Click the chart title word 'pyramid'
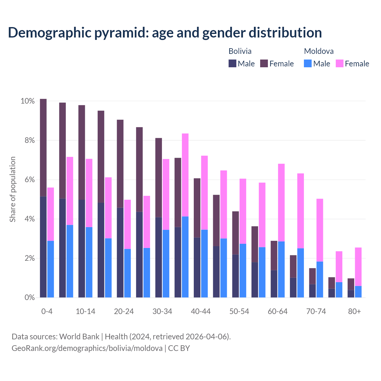pyautogui.click(x=121, y=33)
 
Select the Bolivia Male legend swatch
pyautogui.click(x=232, y=63)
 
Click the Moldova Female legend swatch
pyautogui.click(x=339, y=63)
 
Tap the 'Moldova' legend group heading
pyautogui.click(x=318, y=51)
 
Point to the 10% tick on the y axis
pyautogui.click(x=28, y=101)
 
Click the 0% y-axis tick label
pyautogui.click(x=29, y=297)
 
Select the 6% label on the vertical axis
pyautogui.click(x=29, y=180)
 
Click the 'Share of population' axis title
pyautogui.click(x=13, y=189)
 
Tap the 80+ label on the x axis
pyautogui.click(x=354, y=311)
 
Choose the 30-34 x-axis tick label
pyautogui.click(x=162, y=311)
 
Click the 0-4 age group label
pyautogui.click(x=47, y=311)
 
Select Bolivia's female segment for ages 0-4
pyautogui.click(x=43, y=147)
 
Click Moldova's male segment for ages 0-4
pyautogui.click(x=51, y=269)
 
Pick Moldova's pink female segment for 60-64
pyautogui.click(x=281, y=202)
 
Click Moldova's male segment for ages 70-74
pyautogui.click(x=320, y=279)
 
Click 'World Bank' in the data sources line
pyautogui.click(x=79, y=337)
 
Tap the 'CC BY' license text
pyautogui.click(x=179, y=348)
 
